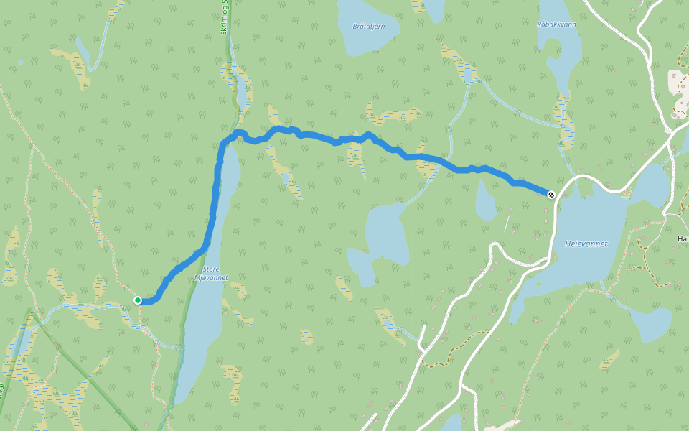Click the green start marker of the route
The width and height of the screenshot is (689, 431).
tap(138, 300)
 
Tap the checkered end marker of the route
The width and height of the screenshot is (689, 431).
tap(550, 195)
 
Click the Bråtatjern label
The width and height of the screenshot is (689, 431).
tap(369, 27)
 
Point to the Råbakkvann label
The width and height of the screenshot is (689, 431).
tap(557, 24)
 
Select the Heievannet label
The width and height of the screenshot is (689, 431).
tap(586, 244)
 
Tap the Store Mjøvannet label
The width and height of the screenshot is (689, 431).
tap(211, 274)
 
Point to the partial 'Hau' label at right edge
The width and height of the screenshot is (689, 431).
tap(683, 238)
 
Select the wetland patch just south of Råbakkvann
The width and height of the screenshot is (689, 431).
tap(564, 119)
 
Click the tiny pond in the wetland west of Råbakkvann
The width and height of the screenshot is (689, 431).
tap(469, 75)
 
